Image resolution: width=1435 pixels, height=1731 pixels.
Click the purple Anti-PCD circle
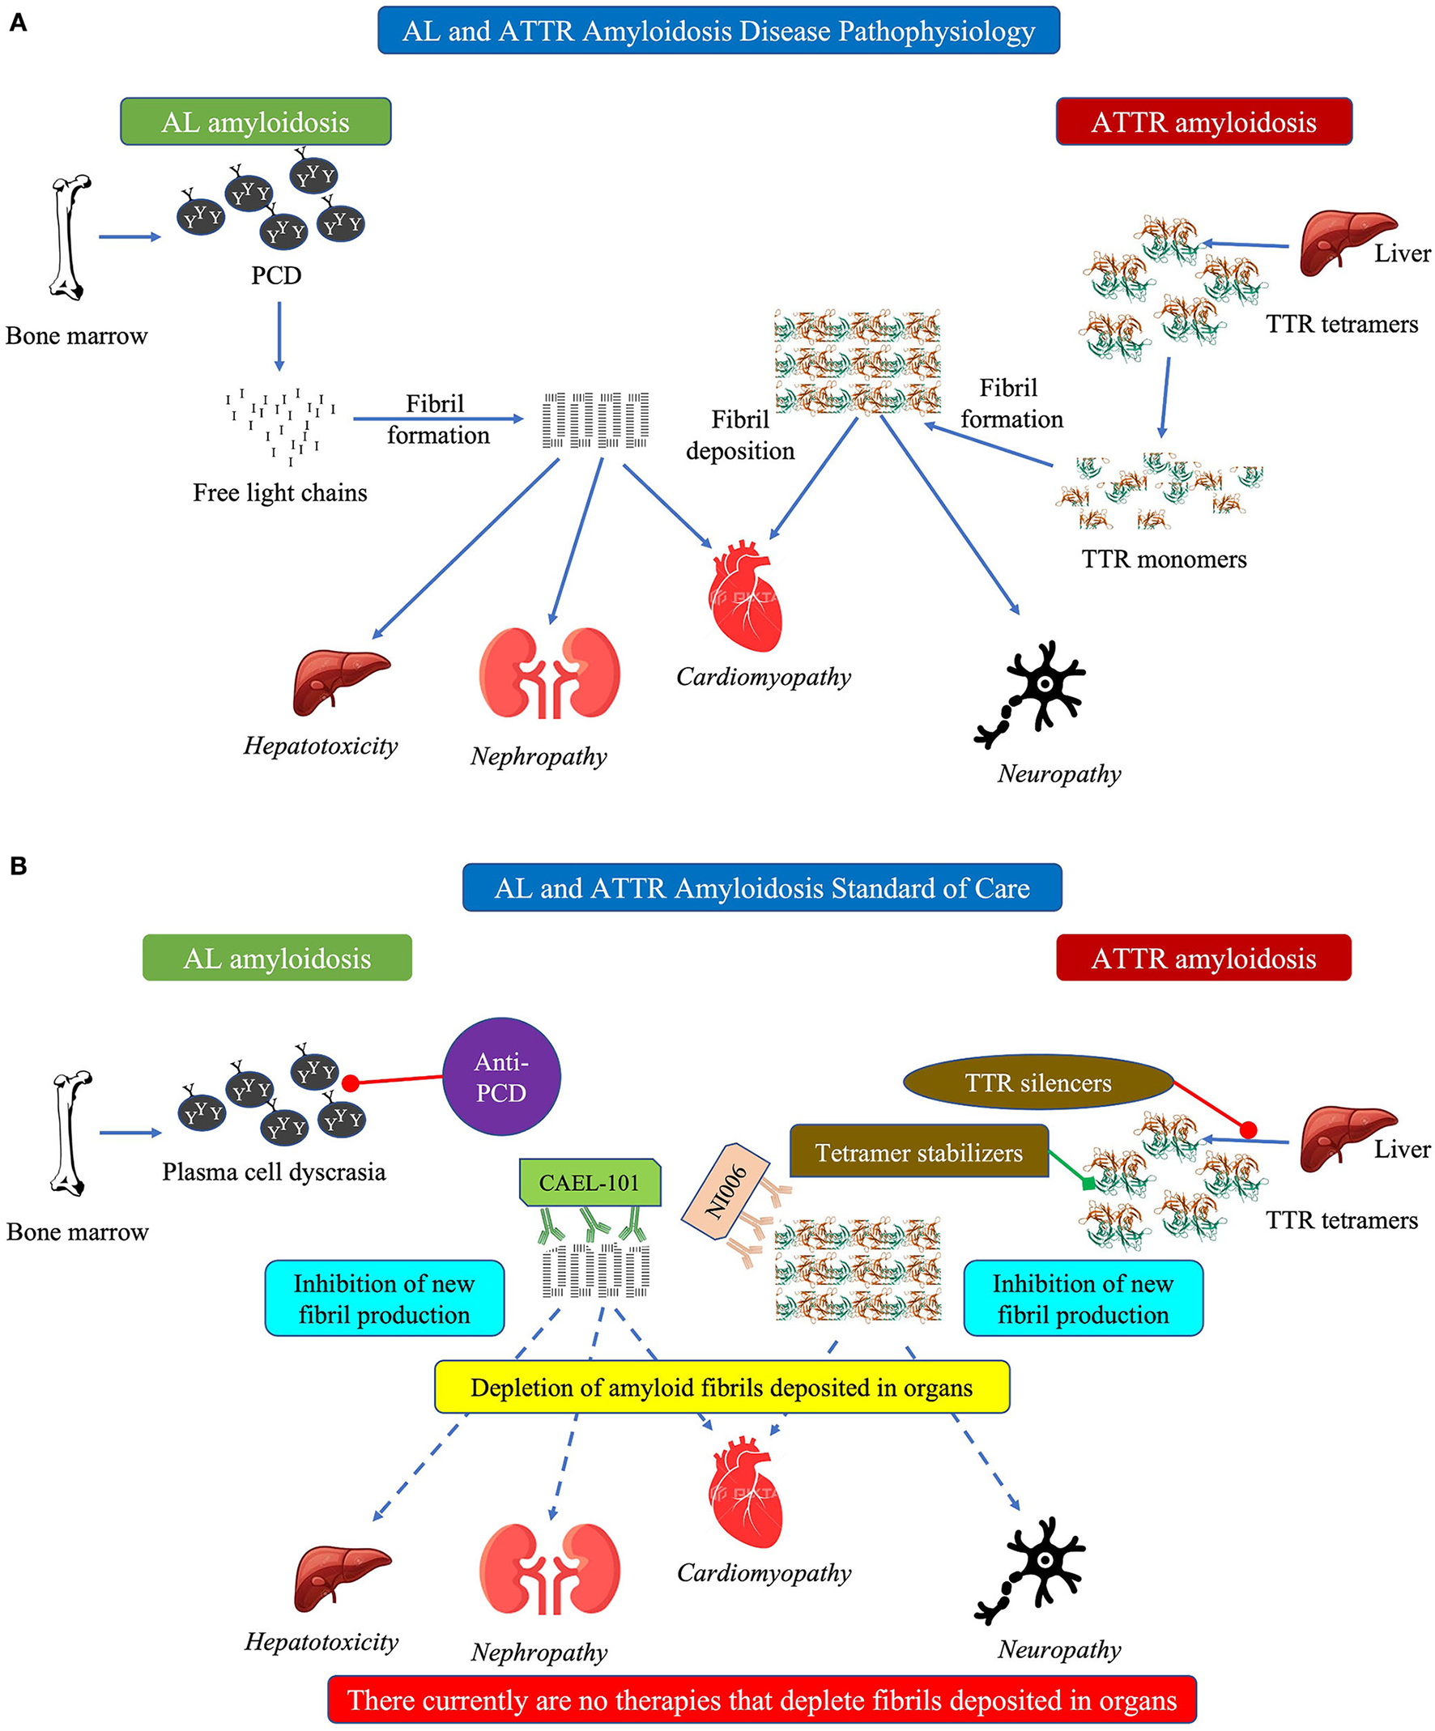[x=501, y=1077]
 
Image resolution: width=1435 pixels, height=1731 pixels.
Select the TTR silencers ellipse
[x=1037, y=1082]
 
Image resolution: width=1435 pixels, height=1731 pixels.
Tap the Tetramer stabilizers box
[x=918, y=1151]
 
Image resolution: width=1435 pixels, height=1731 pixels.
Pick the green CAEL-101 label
[x=590, y=1183]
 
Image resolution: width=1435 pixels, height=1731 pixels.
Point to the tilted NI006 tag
[x=726, y=1192]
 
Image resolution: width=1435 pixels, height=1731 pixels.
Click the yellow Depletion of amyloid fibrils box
[x=722, y=1387]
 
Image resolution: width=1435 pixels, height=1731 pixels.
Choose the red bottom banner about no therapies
[x=761, y=1699]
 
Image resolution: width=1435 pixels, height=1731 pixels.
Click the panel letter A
[x=17, y=23]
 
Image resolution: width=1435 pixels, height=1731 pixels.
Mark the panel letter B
[x=17, y=866]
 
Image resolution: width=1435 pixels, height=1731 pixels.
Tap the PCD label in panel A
[x=276, y=275]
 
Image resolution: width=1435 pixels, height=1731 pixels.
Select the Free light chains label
[x=279, y=493]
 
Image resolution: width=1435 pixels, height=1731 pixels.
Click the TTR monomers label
[x=1163, y=559]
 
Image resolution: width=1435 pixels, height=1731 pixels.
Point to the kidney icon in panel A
[x=549, y=673]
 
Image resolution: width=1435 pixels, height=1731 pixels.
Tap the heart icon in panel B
[x=745, y=1493]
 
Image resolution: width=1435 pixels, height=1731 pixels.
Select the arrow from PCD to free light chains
[x=279, y=336]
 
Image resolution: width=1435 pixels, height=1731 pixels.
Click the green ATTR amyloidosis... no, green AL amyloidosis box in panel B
[x=277, y=958]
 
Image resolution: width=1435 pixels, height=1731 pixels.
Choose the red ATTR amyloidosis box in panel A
[x=1203, y=122]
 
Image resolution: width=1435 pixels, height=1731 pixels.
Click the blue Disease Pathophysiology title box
[x=718, y=32]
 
